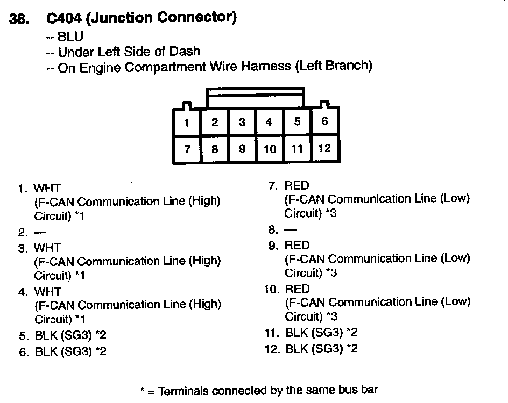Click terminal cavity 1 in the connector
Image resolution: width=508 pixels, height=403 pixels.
[x=186, y=123]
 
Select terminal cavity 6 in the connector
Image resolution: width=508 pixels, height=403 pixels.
[x=324, y=121]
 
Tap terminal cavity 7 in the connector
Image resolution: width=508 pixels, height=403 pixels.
[x=187, y=149]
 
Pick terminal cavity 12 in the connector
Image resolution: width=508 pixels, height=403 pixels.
[x=324, y=148]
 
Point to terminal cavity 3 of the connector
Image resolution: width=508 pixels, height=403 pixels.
[x=242, y=122]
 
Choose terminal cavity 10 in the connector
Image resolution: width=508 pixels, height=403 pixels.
[x=270, y=149]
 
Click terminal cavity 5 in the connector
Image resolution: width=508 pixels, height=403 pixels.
[x=297, y=121]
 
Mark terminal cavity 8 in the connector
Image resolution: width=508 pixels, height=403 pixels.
[x=215, y=149]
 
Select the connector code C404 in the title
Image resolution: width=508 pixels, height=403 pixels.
[x=63, y=18]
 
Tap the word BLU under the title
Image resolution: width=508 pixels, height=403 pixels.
[x=70, y=37]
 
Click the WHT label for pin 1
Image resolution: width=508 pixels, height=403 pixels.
[x=47, y=189]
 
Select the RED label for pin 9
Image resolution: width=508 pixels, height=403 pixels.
[x=297, y=245]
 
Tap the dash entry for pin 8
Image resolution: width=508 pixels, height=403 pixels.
[x=289, y=230]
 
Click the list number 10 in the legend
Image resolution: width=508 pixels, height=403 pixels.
[x=271, y=289]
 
